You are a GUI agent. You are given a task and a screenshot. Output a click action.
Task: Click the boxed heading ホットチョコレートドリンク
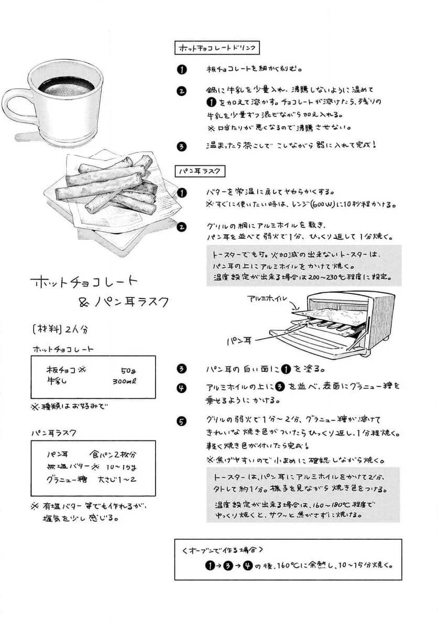pyautogui.click(x=217, y=49)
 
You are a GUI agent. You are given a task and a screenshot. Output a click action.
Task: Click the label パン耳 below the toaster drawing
pyautogui.click(x=239, y=340)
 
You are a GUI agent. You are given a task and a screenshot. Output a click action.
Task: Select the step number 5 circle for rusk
pyautogui.click(x=181, y=420)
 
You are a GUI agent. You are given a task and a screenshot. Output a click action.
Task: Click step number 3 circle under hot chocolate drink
pyautogui.click(x=181, y=146)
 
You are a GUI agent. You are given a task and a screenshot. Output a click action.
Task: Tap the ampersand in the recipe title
pyautogui.click(x=83, y=302)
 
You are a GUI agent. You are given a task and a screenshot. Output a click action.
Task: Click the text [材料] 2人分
pyautogui.click(x=60, y=329)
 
